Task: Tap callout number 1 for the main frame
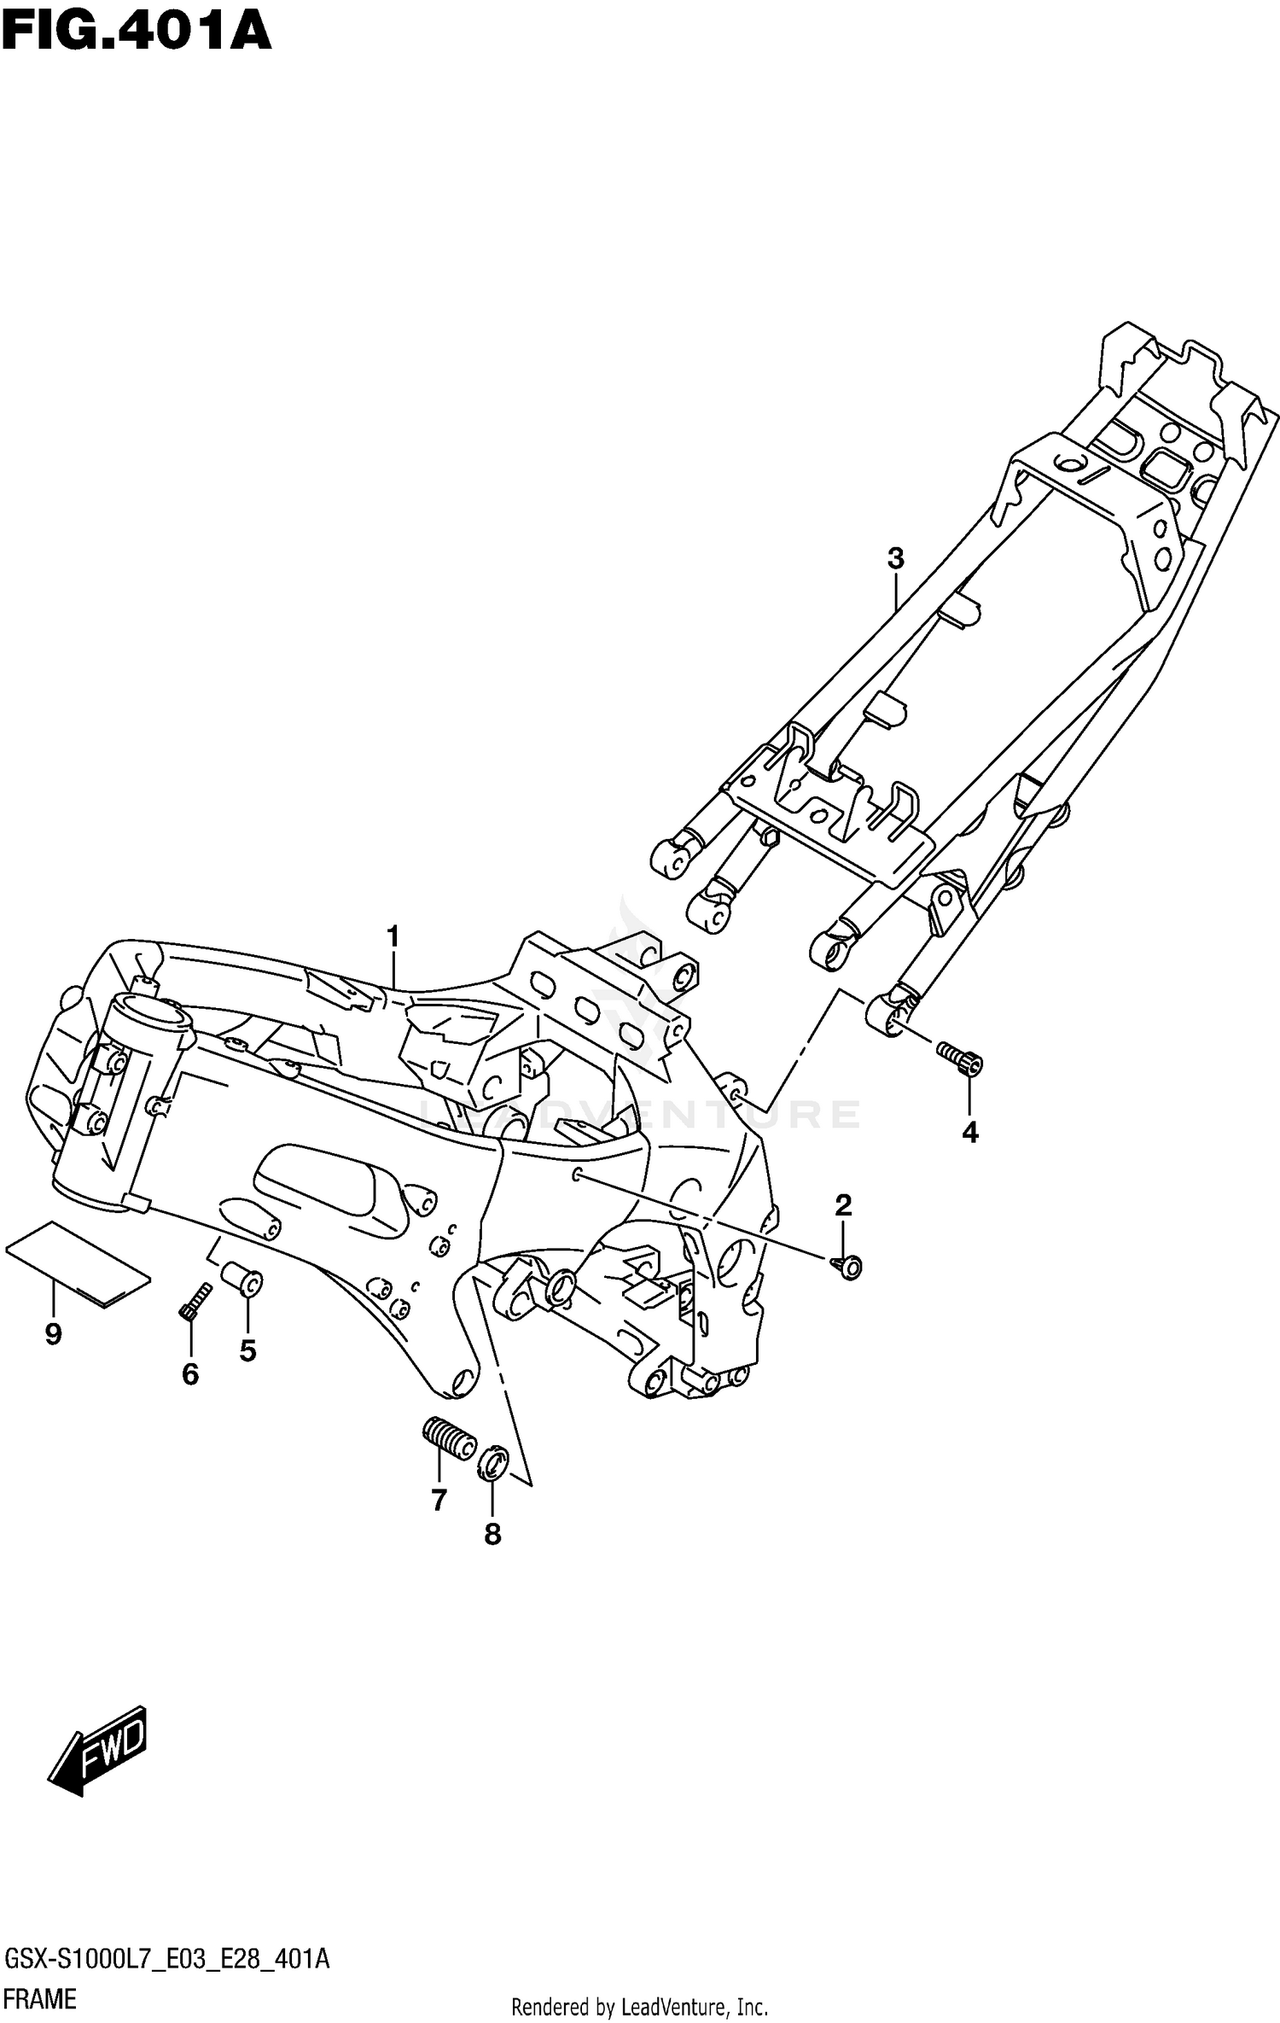pos(393,936)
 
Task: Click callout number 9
pos(53,1334)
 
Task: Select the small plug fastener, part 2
pos(848,1266)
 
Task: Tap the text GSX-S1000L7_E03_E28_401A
pos(167,1959)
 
